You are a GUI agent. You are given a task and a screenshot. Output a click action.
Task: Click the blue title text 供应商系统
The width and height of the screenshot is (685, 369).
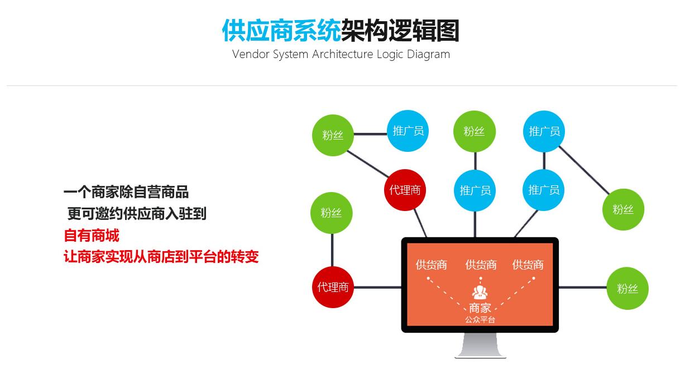281,31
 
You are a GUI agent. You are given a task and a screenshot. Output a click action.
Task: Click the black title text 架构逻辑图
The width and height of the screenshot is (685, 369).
400,31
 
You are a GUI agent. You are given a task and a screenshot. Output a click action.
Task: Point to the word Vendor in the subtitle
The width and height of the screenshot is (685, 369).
251,55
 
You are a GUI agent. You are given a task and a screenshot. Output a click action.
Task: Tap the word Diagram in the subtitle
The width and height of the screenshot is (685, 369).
428,55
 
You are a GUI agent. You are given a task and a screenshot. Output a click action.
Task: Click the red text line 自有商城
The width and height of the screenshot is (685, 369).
92,235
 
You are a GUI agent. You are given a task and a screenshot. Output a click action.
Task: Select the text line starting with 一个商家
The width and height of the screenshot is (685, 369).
126,193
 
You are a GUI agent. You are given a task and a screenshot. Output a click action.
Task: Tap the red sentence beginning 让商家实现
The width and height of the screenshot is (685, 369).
161,257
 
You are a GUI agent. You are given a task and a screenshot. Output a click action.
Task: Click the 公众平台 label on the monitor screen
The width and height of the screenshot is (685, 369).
480,320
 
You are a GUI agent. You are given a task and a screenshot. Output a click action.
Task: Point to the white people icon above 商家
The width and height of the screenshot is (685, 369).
480,293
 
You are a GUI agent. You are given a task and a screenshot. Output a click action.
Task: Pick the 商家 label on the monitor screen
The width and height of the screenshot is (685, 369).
480,308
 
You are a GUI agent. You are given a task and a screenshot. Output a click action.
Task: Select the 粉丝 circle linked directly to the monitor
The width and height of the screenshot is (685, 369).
627,288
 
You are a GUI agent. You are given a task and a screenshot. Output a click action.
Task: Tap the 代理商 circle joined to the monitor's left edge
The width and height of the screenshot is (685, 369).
333,287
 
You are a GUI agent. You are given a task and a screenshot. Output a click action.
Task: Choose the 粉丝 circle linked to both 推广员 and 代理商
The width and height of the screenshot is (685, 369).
333,135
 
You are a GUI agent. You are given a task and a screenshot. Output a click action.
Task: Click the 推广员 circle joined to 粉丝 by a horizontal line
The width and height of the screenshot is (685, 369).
408,131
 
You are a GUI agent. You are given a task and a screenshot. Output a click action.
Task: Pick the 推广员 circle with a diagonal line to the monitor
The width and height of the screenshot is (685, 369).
544,190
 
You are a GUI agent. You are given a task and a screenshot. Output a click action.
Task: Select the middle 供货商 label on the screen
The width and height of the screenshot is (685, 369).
481,265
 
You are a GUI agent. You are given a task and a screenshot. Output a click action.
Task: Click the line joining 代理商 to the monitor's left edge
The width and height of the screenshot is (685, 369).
377,287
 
